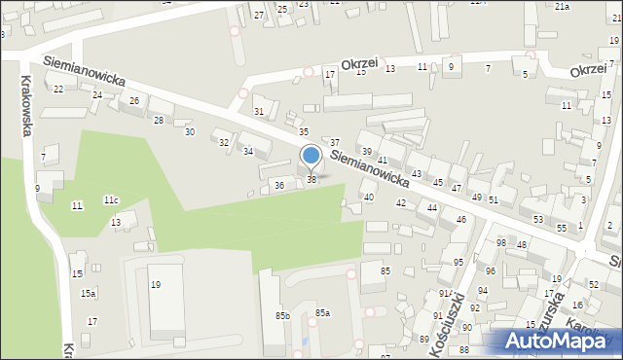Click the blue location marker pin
coord(311,157)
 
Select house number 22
coord(58,89)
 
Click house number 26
coord(134,101)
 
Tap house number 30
coord(189,131)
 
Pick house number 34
coord(248,152)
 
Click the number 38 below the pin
coord(311,179)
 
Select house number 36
coord(279,185)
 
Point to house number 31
coord(259,111)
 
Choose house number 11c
coord(111,200)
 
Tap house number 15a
coord(88,293)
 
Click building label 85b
coord(282,315)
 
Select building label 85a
coord(322,312)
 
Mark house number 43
coord(417,173)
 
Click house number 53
coord(538,219)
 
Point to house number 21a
coord(562,7)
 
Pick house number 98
coord(501,242)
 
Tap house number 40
coord(368,198)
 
